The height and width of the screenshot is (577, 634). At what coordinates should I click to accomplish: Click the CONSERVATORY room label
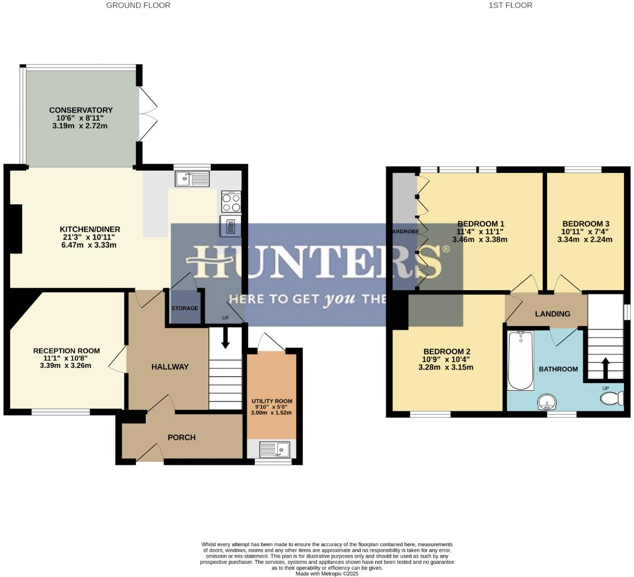80,110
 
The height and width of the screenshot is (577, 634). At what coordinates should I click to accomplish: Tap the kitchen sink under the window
192,178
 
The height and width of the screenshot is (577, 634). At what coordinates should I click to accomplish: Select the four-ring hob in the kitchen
231,202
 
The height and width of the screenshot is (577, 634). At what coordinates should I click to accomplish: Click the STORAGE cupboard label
184,308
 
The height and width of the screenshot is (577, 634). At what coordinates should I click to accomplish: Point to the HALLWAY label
170,367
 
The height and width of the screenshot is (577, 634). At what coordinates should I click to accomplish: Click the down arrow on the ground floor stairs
225,339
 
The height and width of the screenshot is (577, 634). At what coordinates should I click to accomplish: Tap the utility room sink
274,450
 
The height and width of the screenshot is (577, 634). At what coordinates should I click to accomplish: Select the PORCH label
181,438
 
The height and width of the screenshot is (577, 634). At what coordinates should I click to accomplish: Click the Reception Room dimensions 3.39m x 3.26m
67,366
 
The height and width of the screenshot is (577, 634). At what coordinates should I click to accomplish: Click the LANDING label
553,314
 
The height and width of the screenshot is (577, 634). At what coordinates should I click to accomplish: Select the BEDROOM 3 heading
586,224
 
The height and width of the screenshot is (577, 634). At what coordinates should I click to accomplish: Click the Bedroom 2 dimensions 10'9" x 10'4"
446,360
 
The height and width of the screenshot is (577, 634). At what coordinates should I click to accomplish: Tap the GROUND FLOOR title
138,6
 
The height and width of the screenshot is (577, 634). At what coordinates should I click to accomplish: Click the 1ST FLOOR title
510,6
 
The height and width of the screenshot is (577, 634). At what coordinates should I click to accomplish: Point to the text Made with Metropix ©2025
327,574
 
